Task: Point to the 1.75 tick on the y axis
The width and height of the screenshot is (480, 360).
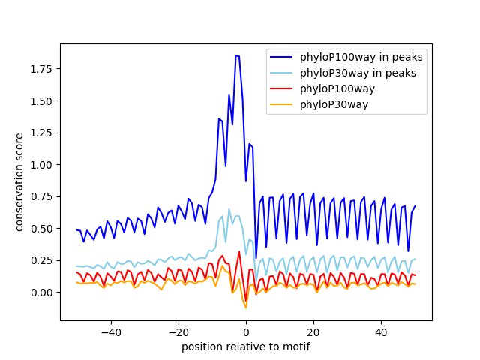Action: point(42,69)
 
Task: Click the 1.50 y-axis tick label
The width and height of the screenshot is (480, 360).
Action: point(42,101)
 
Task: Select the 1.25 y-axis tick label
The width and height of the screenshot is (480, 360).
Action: point(42,133)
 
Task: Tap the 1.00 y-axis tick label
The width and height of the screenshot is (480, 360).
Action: point(42,165)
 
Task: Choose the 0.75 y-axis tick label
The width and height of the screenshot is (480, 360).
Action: point(42,196)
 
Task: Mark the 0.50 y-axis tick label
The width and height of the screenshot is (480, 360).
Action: point(42,229)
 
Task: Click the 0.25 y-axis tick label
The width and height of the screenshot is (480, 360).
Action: point(42,260)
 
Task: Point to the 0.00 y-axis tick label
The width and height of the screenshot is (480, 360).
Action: point(42,292)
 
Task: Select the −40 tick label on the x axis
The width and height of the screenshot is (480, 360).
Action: point(110,331)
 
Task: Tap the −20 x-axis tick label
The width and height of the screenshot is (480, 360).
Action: point(178,331)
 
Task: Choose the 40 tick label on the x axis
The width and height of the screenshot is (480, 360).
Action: point(381,331)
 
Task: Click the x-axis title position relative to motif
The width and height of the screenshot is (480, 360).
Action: point(245,346)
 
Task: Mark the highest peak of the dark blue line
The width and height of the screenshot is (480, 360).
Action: point(237,55)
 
